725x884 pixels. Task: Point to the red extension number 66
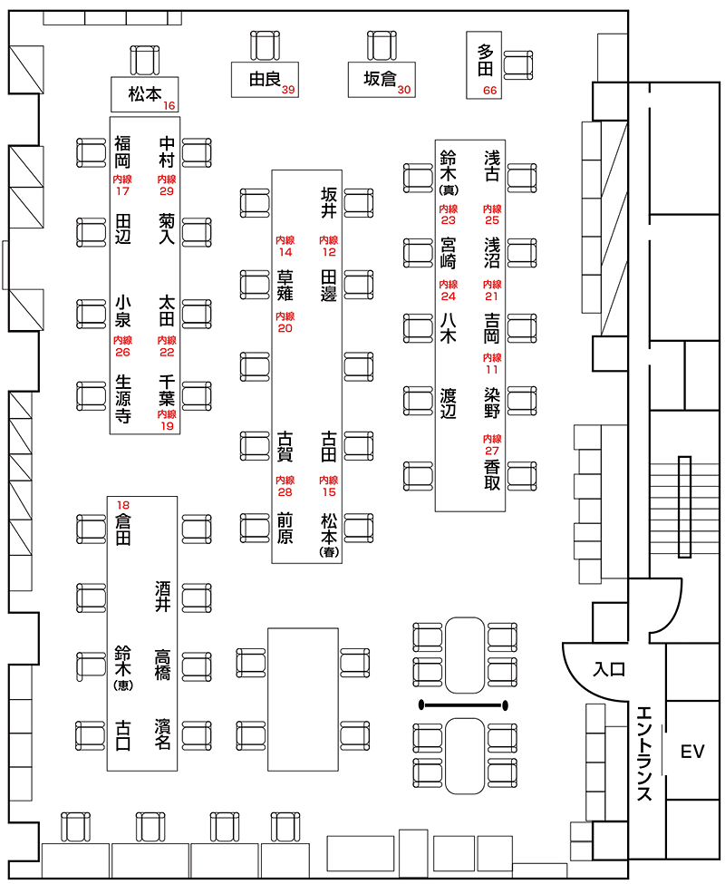click(490, 90)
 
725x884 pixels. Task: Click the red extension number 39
click(288, 89)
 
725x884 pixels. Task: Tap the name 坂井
click(328, 204)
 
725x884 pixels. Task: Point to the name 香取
click(492, 474)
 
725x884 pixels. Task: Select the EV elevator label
click(692, 751)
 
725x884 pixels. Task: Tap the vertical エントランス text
click(644, 753)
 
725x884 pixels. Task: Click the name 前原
click(285, 529)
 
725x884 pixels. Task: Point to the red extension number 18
click(123, 504)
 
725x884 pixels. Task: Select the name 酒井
click(164, 595)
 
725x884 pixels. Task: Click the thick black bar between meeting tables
click(462, 704)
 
